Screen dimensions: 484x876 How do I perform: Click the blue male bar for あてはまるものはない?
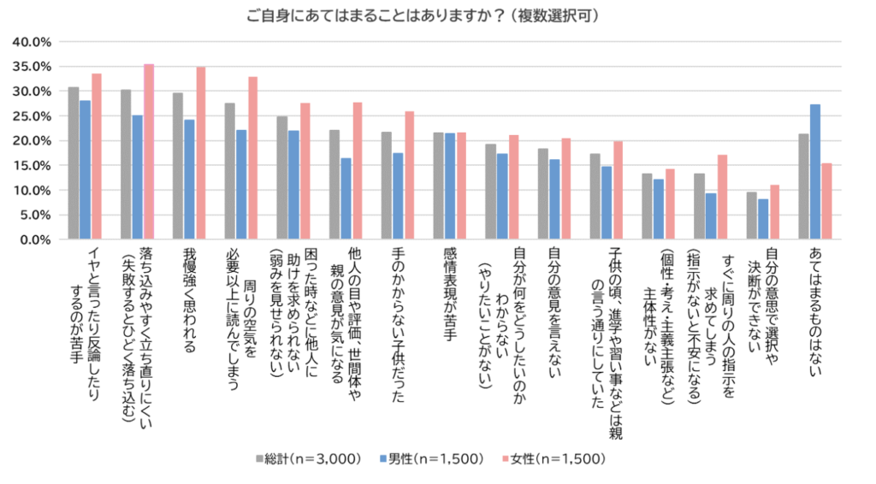point(815,172)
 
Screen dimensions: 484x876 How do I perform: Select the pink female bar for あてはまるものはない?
point(826,202)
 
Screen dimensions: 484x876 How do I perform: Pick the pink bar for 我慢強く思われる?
point(201,153)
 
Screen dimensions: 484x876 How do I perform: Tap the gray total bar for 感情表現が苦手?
point(439,186)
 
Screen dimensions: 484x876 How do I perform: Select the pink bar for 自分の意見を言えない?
point(565,189)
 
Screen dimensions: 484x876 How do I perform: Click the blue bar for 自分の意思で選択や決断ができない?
point(763,220)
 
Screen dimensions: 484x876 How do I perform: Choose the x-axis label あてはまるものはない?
point(814,309)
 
